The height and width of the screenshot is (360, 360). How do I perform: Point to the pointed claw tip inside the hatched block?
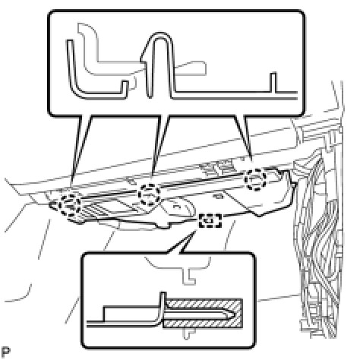[234, 314]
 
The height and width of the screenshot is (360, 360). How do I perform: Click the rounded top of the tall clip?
[160, 36]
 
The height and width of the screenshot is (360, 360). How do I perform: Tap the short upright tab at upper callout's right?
[273, 82]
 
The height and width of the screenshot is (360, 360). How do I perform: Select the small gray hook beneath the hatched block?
[188, 333]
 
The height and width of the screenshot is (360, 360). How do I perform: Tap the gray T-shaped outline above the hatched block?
[177, 267]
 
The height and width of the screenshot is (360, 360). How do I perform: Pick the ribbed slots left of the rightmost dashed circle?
[217, 168]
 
